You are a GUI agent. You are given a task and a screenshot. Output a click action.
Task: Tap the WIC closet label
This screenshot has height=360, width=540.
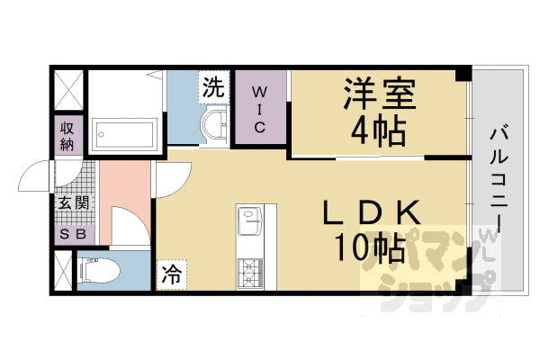pos(258,109)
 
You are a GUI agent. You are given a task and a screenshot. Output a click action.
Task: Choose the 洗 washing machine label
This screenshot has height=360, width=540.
pos(213,87)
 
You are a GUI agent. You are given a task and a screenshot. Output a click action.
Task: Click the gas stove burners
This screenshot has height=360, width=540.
pos(248,270)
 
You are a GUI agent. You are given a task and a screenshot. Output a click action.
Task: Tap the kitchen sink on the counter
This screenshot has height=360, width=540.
pos(248,218)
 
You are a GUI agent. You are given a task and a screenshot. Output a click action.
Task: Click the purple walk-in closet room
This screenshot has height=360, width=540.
pos(259,126)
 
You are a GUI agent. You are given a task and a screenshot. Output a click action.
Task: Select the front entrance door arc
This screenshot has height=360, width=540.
pos(36,175)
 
